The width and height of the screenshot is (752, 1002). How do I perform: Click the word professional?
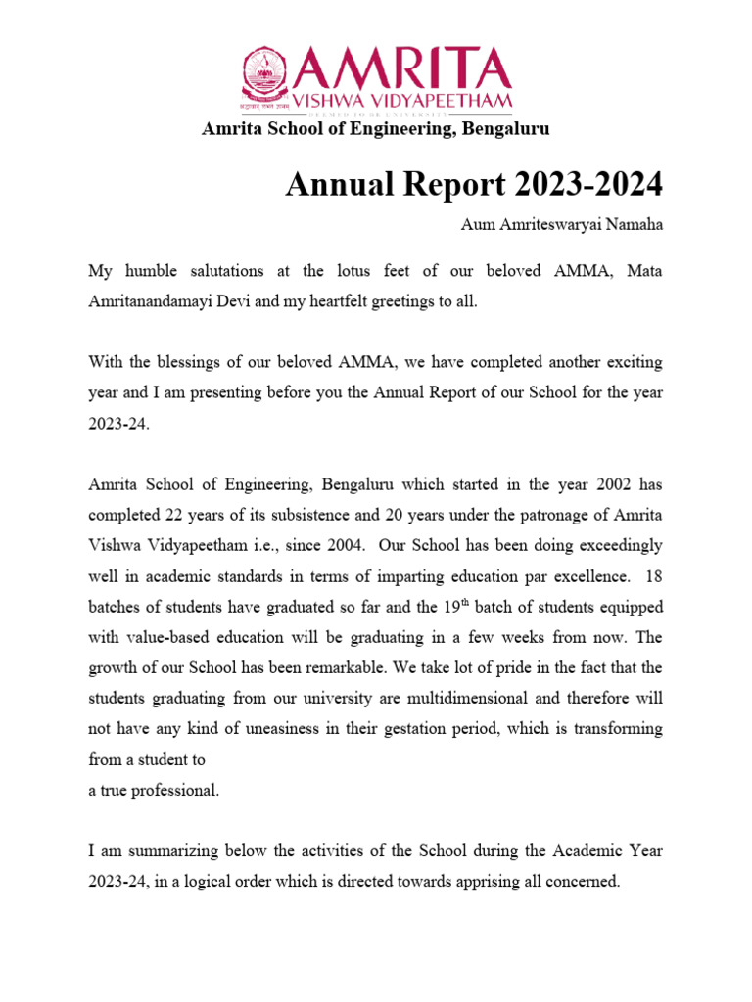click(174, 791)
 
